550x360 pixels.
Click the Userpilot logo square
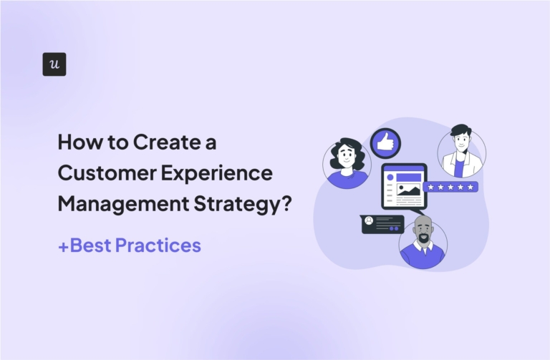point(54,64)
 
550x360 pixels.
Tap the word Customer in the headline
point(100,173)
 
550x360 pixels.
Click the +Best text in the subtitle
point(85,245)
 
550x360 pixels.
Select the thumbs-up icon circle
point(386,143)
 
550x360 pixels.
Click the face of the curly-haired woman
point(347,156)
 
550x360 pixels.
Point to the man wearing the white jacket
point(460,154)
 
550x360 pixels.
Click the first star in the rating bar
point(430,187)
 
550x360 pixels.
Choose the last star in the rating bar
point(471,187)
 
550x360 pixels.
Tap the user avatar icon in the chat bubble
point(369,220)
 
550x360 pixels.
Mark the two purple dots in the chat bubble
point(392,229)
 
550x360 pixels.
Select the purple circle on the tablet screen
point(392,174)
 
